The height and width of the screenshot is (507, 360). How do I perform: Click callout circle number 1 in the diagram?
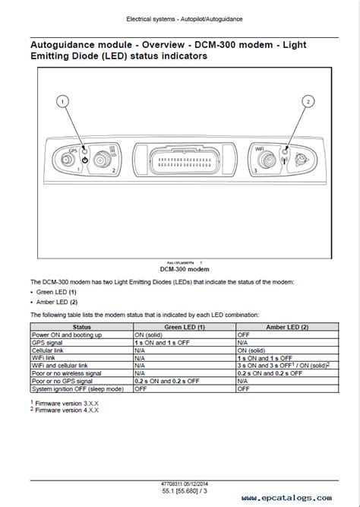(63, 100)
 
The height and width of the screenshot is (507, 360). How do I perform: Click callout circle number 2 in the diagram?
(308, 100)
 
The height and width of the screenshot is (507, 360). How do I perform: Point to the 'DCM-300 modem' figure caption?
(180, 269)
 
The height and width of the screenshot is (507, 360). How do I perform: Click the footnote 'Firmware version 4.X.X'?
(67, 410)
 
